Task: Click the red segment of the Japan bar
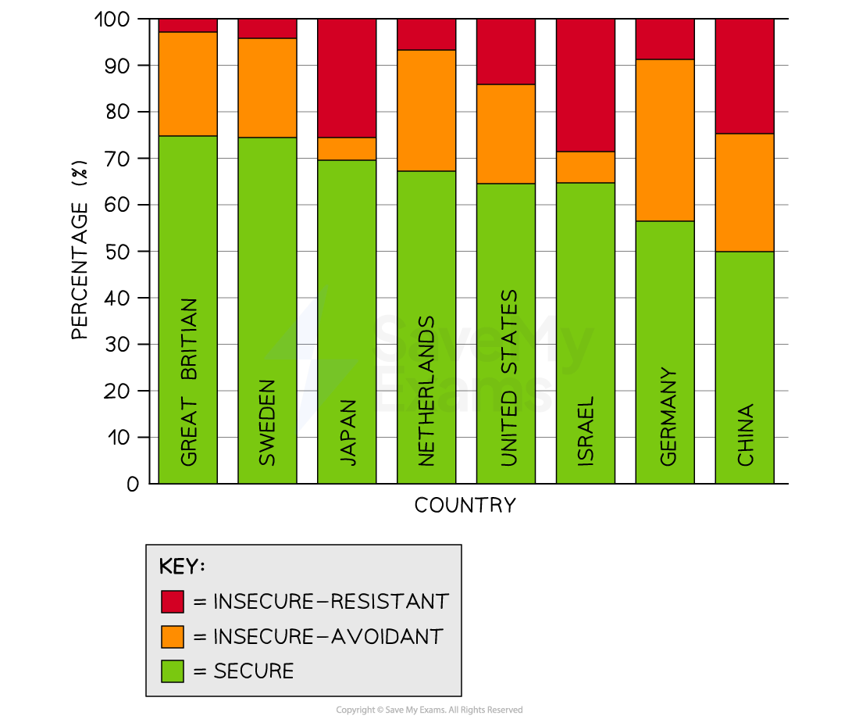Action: tap(347, 78)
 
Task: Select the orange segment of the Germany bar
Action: tap(665, 140)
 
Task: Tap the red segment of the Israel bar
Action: tap(586, 85)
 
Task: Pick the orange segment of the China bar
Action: tap(745, 192)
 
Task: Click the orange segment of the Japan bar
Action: tap(347, 148)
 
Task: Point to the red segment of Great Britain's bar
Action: tap(188, 26)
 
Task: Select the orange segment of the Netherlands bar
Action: tap(426, 110)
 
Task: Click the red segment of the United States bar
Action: tap(506, 52)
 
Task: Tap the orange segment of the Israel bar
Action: tap(586, 166)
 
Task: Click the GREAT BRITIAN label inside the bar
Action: tap(188, 382)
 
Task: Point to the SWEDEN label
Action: tap(267, 422)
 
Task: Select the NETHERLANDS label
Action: tap(426, 391)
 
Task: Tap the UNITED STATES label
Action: tap(508, 378)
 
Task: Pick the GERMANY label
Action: tap(668, 417)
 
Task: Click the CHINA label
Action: tap(746, 435)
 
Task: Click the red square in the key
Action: tap(173, 602)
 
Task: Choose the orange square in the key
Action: tap(173, 636)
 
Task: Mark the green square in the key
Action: tap(173, 671)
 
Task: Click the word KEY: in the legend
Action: tap(181, 567)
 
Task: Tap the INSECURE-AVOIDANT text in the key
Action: tap(328, 636)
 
